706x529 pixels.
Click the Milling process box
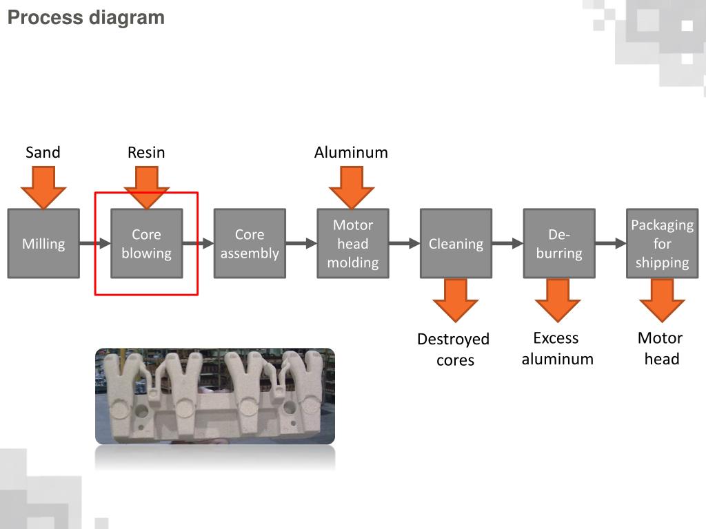[43, 244]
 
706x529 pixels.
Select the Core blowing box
[146, 244]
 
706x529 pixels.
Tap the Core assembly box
[250, 244]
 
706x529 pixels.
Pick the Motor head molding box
[352, 244]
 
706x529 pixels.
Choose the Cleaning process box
[456, 244]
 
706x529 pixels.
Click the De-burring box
[558, 244]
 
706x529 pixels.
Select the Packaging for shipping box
[662, 244]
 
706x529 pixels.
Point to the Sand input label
[43, 152]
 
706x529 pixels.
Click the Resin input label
[146, 152]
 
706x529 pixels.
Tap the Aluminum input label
[351, 152]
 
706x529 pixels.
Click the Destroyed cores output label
[454, 349]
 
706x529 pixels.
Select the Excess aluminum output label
[557, 348]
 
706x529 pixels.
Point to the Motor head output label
[661, 348]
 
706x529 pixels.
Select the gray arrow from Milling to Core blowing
[95, 243]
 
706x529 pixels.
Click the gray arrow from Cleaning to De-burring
[507, 243]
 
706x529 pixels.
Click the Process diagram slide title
[86, 17]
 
